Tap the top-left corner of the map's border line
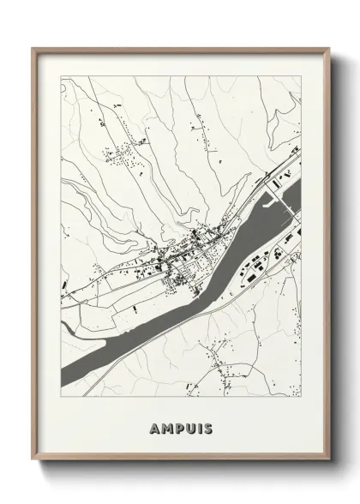tap(61, 77)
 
